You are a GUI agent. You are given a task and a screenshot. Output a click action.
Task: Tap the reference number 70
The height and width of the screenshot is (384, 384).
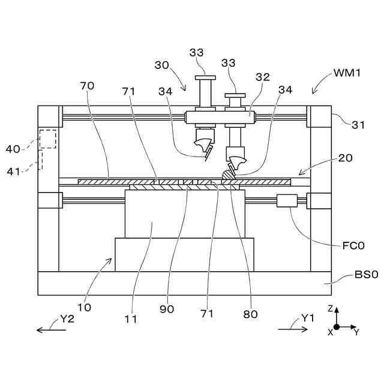[87, 85]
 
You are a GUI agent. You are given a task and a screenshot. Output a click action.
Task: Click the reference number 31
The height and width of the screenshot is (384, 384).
[358, 125]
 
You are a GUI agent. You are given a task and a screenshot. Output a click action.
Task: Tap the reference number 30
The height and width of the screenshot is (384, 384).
[162, 64]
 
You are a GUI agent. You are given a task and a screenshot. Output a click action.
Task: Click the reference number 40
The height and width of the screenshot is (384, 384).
[13, 148]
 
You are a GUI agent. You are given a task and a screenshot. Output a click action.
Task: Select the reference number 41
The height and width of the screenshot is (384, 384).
[13, 170]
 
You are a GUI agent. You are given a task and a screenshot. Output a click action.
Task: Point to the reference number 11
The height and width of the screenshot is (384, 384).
[131, 319]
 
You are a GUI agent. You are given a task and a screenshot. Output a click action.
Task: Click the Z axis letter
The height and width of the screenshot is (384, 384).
[330, 308]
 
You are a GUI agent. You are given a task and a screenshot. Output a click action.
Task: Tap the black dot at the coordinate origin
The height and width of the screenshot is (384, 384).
[337, 327]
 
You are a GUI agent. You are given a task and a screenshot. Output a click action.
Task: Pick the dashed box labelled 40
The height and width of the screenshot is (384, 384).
[47, 139]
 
